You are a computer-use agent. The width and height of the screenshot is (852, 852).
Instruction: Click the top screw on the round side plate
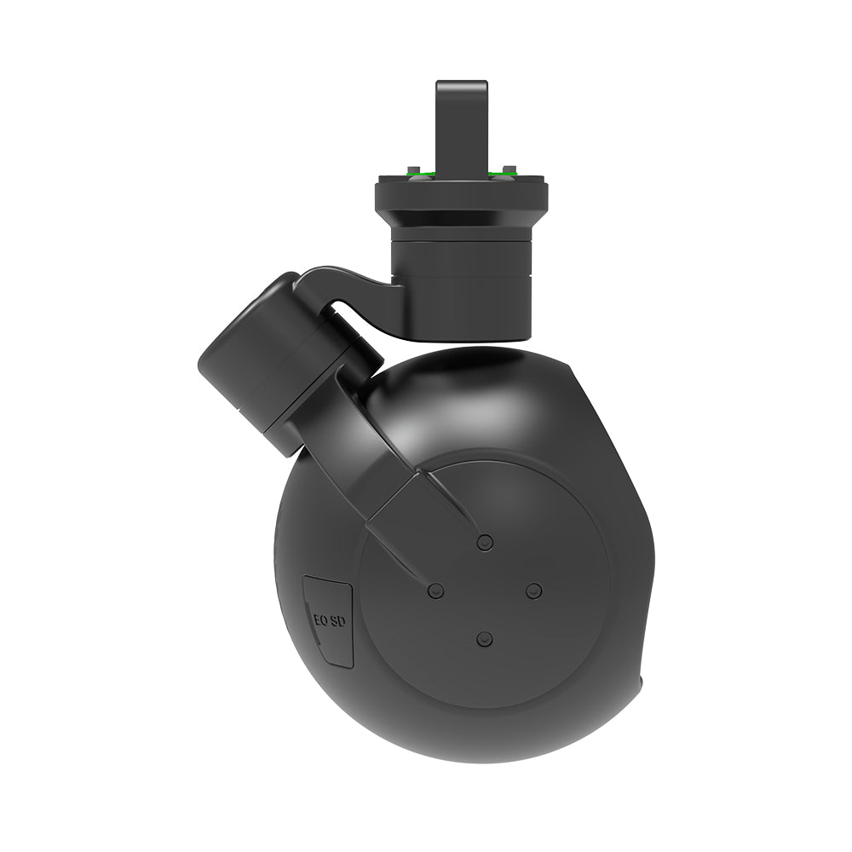[485, 542]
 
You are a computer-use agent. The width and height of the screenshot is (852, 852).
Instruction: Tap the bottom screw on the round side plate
[485, 639]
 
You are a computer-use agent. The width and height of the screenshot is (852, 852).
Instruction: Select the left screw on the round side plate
[436, 590]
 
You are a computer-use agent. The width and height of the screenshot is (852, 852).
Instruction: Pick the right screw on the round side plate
[533, 590]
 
